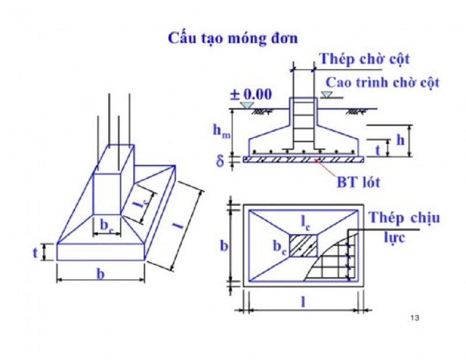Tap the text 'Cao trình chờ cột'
(382, 82)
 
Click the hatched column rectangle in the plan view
(305, 245)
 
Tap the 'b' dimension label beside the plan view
(223, 245)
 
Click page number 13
(415, 317)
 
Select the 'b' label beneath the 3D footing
(100, 274)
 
